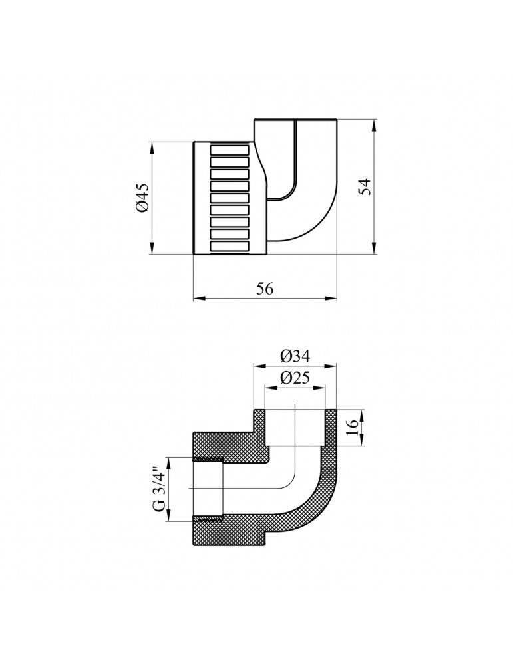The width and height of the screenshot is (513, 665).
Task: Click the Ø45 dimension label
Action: (142, 198)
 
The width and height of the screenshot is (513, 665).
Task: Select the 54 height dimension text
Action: (364, 187)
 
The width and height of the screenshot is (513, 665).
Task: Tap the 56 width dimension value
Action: (264, 288)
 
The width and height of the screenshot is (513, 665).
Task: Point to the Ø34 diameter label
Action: (295, 354)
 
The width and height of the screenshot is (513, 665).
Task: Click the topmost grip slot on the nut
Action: (230, 150)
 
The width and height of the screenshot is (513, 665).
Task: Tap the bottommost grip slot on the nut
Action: (230, 248)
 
